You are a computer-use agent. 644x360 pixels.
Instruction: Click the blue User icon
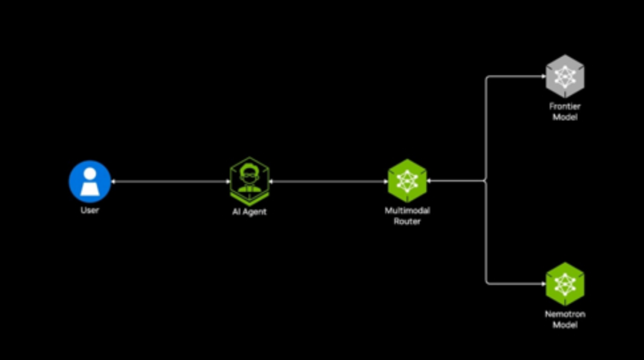(x=89, y=181)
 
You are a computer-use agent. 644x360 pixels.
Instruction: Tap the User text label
(x=89, y=210)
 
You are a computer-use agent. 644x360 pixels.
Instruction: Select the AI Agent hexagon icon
(x=249, y=181)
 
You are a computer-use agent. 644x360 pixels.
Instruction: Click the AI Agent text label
(x=249, y=212)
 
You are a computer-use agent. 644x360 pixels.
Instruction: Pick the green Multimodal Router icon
(x=407, y=181)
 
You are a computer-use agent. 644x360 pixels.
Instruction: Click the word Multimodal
(x=407, y=210)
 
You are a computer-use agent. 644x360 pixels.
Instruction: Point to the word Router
(x=407, y=221)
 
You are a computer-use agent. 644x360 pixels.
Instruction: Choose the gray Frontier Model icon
(x=565, y=76)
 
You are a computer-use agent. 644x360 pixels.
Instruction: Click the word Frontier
(x=565, y=106)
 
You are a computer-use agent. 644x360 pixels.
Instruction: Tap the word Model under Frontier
(x=565, y=117)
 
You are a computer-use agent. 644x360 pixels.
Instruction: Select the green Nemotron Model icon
(x=565, y=284)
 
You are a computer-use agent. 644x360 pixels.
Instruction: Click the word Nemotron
(x=565, y=314)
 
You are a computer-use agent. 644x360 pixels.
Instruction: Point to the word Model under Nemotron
(x=565, y=325)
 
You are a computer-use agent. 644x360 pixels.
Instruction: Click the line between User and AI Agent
(x=171, y=181)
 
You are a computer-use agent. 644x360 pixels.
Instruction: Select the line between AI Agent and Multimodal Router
(x=328, y=181)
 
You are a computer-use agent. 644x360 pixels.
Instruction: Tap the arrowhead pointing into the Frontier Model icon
(x=543, y=76)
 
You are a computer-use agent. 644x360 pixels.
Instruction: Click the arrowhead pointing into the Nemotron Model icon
(x=543, y=284)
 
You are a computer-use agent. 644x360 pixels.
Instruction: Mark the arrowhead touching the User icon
(x=113, y=181)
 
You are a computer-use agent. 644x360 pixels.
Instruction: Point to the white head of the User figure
(x=90, y=173)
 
